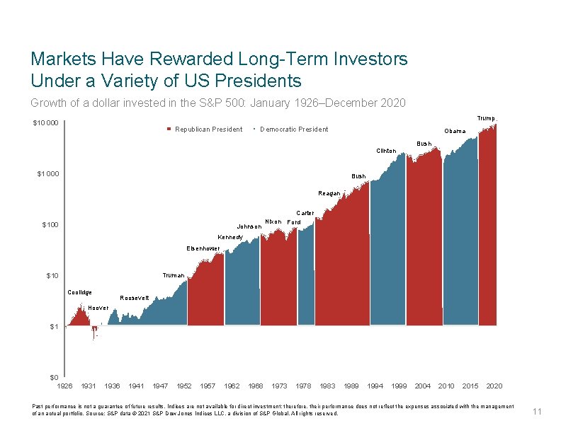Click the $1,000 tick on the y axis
[x=48, y=174]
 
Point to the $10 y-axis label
[x=51, y=276]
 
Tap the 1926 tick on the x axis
[x=64, y=386]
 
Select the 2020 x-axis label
[x=494, y=386]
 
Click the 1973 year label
[x=280, y=386]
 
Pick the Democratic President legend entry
[x=294, y=129]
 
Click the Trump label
[x=486, y=118]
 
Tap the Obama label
[x=455, y=131]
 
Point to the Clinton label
[x=386, y=151]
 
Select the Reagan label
[x=329, y=192]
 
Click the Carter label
[x=305, y=213]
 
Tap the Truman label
[x=174, y=275]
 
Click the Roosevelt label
[x=135, y=298]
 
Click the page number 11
[x=537, y=412]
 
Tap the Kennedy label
[x=231, y=237]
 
